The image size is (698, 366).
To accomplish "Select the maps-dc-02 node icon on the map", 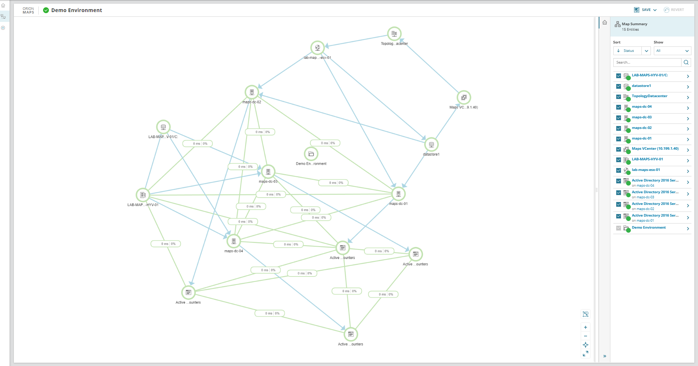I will pos(252,92).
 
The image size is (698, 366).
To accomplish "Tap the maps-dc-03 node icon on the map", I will pos(268,172).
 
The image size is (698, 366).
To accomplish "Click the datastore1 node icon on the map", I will pos(431,145).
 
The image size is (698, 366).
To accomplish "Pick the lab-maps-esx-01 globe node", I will pos(318,48).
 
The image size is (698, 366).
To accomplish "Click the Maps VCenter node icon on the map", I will pos(464,98).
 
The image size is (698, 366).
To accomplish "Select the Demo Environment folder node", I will pos(311,154).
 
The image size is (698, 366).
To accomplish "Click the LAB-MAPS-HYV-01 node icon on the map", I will pos(143,195).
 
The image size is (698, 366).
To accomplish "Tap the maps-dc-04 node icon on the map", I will pos(234,241).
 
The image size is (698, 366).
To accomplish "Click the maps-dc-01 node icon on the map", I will pos(398,194).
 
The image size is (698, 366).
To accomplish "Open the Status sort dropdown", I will pos(632,51).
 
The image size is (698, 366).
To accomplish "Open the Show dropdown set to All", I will pos(672,51).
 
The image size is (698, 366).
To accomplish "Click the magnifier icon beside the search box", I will pos(686,62).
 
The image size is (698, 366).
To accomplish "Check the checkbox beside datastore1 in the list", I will pos(618,87).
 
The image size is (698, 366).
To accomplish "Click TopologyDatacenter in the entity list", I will pos(649,96).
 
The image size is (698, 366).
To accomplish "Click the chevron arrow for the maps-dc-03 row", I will pos(688,119).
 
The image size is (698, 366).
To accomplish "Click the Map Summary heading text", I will pos(634,24).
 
